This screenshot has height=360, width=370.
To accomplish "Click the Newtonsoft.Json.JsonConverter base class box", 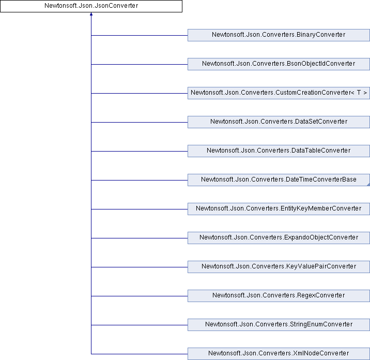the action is [91, 6].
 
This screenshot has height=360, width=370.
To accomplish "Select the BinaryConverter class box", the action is [279, 35].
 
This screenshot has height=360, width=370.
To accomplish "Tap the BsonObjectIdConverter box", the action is [279, 64].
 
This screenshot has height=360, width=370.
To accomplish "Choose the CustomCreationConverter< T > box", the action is [279, 93].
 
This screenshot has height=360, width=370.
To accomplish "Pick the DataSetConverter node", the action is [279, 122].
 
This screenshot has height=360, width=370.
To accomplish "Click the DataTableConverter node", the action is [279, 151].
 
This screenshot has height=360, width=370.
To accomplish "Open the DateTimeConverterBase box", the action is [279, 180].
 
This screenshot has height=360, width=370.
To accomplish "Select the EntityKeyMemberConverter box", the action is [279, 209].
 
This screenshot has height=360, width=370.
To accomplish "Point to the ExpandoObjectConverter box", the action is [279, 238].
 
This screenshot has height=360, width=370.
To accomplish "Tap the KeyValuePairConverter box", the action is [279, 267].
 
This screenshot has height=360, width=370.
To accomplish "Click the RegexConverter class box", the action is [279, 296].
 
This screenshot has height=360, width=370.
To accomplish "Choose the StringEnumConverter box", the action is [279, 325].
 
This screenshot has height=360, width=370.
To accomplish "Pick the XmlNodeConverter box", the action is [279, 354].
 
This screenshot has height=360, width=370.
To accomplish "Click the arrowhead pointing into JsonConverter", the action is [91, 14].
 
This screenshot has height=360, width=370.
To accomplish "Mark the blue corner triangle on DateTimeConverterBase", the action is [368, 185].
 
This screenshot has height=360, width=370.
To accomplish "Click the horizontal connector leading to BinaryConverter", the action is [140, 36].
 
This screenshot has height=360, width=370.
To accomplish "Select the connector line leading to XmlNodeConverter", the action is [140, 354].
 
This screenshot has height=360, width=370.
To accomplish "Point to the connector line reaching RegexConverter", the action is [140, 296].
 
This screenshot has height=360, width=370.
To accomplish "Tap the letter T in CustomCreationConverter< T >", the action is [359, 93].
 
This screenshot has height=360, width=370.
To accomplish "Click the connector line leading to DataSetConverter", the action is [140, 122].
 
